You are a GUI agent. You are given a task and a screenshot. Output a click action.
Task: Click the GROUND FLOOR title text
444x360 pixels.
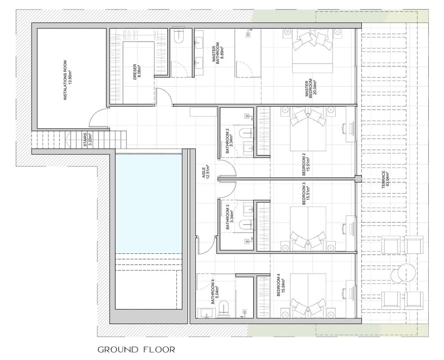pos(136,350)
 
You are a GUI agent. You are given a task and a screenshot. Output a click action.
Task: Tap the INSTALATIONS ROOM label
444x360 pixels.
pos(65,80)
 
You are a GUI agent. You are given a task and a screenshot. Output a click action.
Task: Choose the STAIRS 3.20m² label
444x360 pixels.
pos(87,139)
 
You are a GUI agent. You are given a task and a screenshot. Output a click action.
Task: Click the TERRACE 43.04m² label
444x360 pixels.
pos(386,179)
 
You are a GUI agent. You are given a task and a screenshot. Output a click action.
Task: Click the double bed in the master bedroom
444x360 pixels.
pos(312,52)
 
